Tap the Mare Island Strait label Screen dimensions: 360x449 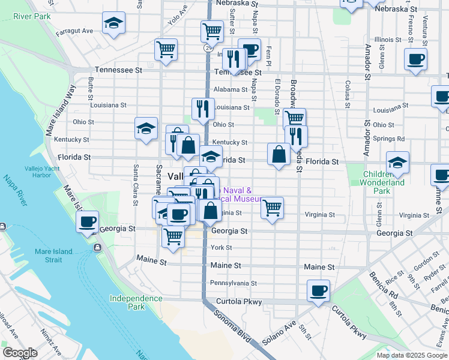coord(53,256)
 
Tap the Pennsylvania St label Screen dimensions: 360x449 coord(233,283)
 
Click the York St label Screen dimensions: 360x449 coord(221,247)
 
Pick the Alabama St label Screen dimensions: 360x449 coord(231,89)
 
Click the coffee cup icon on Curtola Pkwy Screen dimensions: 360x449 coord(318,291)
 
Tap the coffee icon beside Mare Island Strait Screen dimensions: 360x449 coord(88,221)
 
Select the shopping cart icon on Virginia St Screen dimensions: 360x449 coord(272,208)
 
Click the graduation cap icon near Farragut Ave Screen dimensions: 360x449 coord(113,24)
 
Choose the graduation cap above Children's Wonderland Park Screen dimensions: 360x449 coord(397,163)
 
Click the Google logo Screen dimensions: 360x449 coord(20,353)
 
